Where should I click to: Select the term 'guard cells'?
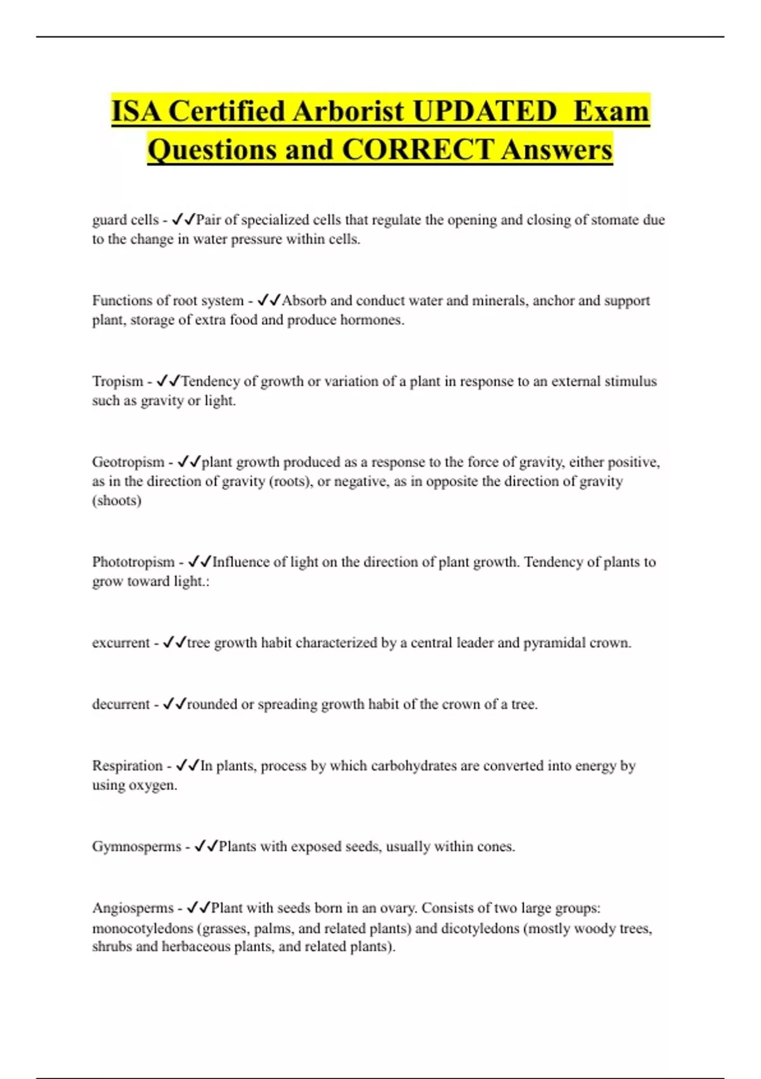pyautogui.click(x=125, y=220)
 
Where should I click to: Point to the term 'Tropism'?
pyautogui.click(x=117, y=381)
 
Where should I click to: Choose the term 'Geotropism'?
pyautogui.click(x=127, y=461)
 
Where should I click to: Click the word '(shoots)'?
pyautogui.click(x=117, y=500)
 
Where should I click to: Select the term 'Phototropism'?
pyautogui.click(x=133, y=562)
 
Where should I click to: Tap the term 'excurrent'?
pyautogui.click(x=120, y=642)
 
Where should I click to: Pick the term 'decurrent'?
pyautogui.click(x=120, y=704)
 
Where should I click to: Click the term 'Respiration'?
pyautogui.click(x=127, y=765)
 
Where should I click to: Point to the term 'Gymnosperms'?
pyautogui.click(x=136, y=846)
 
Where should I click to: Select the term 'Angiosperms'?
pyautogui.click(x=133, y=908)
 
